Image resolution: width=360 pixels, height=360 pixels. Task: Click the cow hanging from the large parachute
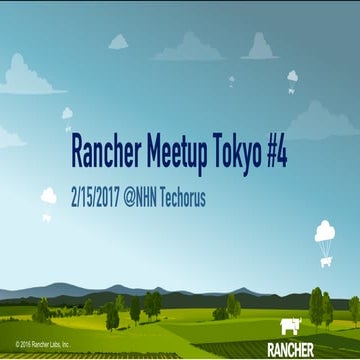326,262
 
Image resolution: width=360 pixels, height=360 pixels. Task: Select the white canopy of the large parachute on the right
325,232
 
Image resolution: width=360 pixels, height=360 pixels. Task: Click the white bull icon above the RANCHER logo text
291,326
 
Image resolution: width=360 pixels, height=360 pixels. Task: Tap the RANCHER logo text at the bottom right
291,349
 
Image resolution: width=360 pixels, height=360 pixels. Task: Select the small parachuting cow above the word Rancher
67,115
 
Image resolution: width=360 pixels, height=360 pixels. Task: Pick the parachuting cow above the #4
293,77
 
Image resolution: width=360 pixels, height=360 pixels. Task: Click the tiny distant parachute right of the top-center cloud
231,80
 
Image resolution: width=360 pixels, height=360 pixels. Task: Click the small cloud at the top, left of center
118,42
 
